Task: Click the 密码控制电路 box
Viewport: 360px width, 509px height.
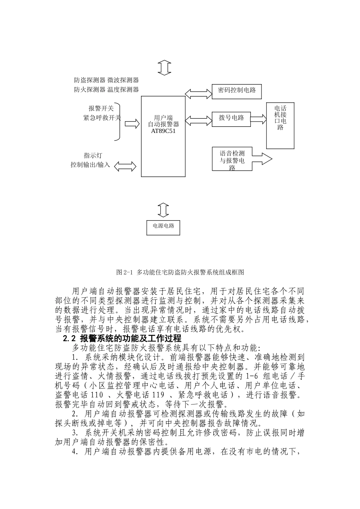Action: [x=237, y=91]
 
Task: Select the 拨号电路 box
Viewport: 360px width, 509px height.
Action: [x=231, y=118]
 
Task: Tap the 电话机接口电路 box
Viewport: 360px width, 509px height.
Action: [x=280, y=125]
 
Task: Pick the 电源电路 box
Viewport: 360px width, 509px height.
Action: [x=163, y=226]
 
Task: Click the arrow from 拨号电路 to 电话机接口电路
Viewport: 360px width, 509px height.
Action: [x=258, y=119]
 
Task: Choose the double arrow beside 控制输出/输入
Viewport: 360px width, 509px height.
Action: [x=125, y=166]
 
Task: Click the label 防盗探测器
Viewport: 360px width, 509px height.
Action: [x=90, y=80]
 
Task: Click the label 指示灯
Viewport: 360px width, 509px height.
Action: [x=93, y=155]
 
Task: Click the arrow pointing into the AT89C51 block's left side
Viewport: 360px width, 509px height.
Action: [x=132, y=123]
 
